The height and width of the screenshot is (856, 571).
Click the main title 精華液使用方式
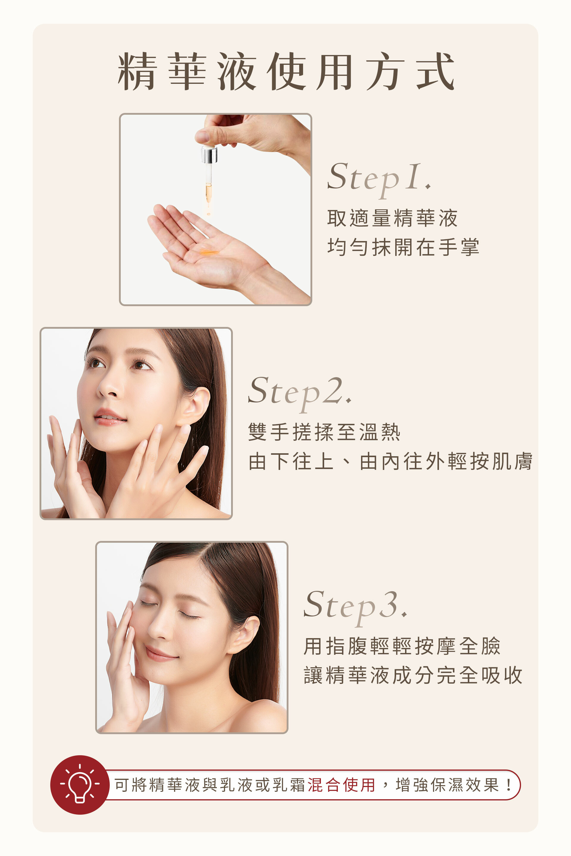point(286,71)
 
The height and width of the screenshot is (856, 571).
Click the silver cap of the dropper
point(209,154)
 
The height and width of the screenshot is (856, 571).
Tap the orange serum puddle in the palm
point(209,251)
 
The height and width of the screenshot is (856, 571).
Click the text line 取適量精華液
point(392,218)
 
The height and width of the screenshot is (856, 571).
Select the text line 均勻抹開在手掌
point(403,248)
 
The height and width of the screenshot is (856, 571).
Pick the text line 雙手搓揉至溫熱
point(324,432)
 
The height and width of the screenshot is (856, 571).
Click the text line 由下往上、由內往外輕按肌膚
point(390,462)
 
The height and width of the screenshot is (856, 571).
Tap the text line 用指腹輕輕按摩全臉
point(402,646)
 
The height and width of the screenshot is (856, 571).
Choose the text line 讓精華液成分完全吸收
point(413,676)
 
